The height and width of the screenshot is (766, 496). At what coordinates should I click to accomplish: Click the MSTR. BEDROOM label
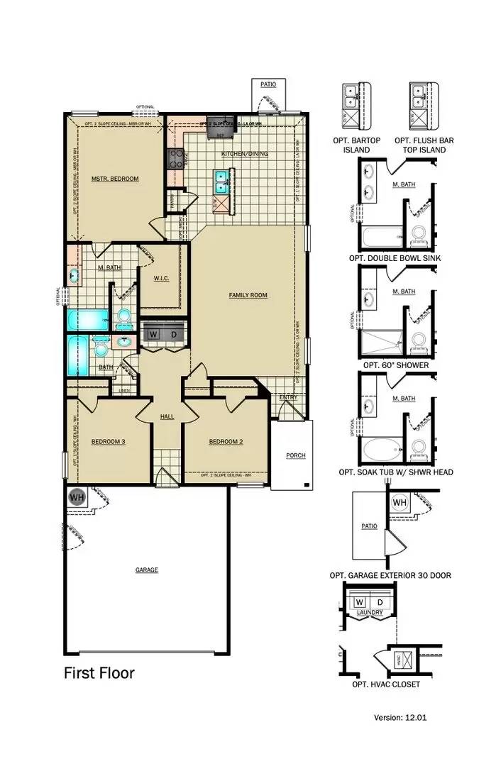114,179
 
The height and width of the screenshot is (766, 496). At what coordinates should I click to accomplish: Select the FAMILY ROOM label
248,295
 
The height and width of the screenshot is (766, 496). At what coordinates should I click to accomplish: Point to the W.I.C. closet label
160,278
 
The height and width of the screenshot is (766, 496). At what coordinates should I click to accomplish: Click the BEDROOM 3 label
108,442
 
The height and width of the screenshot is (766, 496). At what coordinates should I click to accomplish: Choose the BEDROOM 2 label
226,442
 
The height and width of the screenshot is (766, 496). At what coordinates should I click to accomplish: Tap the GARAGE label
146,570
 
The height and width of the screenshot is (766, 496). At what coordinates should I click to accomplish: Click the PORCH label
295,455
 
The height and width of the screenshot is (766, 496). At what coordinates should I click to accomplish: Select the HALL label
167,416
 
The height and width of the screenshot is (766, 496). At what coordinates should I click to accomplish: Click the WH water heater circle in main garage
77,498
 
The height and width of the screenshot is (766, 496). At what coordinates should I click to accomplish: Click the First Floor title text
99,672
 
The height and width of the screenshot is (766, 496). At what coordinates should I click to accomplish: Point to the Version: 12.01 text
400,718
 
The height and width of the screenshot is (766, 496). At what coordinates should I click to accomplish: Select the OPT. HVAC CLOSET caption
385,684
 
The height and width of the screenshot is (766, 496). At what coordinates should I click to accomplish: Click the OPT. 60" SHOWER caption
395,365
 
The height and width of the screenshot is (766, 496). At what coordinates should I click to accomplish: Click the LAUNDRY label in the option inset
370,613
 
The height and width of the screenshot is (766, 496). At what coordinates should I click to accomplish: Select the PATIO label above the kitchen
268,84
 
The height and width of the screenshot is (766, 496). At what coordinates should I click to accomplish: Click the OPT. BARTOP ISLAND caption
356,145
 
